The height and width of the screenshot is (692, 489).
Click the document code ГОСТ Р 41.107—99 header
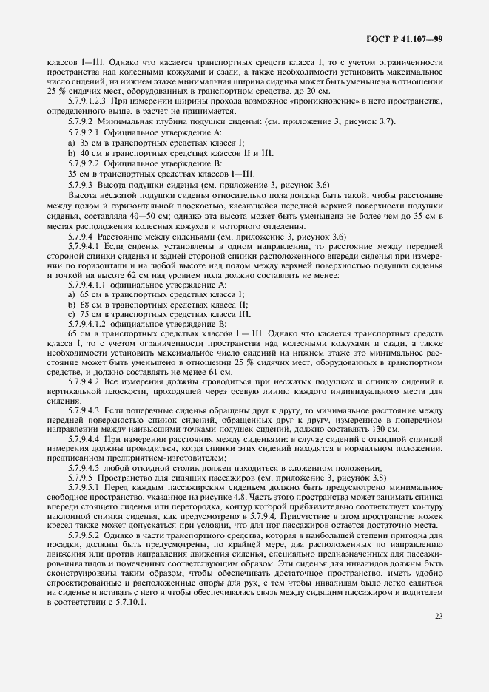coord(405,38)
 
